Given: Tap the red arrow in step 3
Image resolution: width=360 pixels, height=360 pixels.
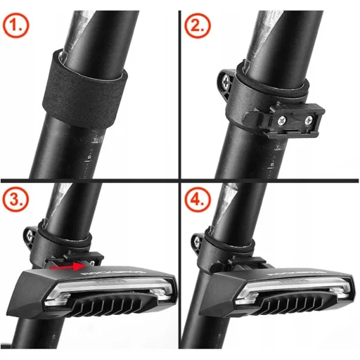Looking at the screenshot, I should pos(66,266).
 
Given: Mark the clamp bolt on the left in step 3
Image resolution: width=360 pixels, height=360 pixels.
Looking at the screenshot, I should pos(29,236).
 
